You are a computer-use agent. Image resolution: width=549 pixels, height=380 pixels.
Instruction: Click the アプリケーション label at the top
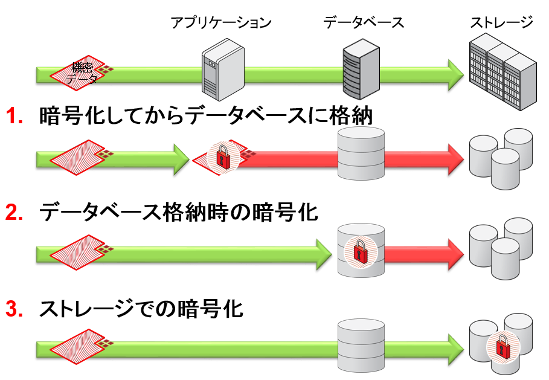pyautogui.click(x=220, y=23)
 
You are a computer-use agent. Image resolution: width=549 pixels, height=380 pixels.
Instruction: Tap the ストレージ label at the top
pyautogui.click(x=502, y=23)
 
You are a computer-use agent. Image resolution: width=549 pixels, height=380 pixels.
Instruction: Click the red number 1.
pyautogui.click(x=14, y=116)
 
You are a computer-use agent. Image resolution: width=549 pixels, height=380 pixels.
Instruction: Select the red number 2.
pyautogui.click(x=14, y=212)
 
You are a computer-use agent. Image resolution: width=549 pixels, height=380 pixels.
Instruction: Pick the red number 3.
pyautogui.click(x=14, y=309)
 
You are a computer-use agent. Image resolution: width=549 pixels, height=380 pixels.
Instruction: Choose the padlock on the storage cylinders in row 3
pyautogui.click(x=502, y=347)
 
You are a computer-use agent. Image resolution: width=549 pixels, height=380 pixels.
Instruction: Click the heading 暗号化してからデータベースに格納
pyautogui.click(x=205, y=115)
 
